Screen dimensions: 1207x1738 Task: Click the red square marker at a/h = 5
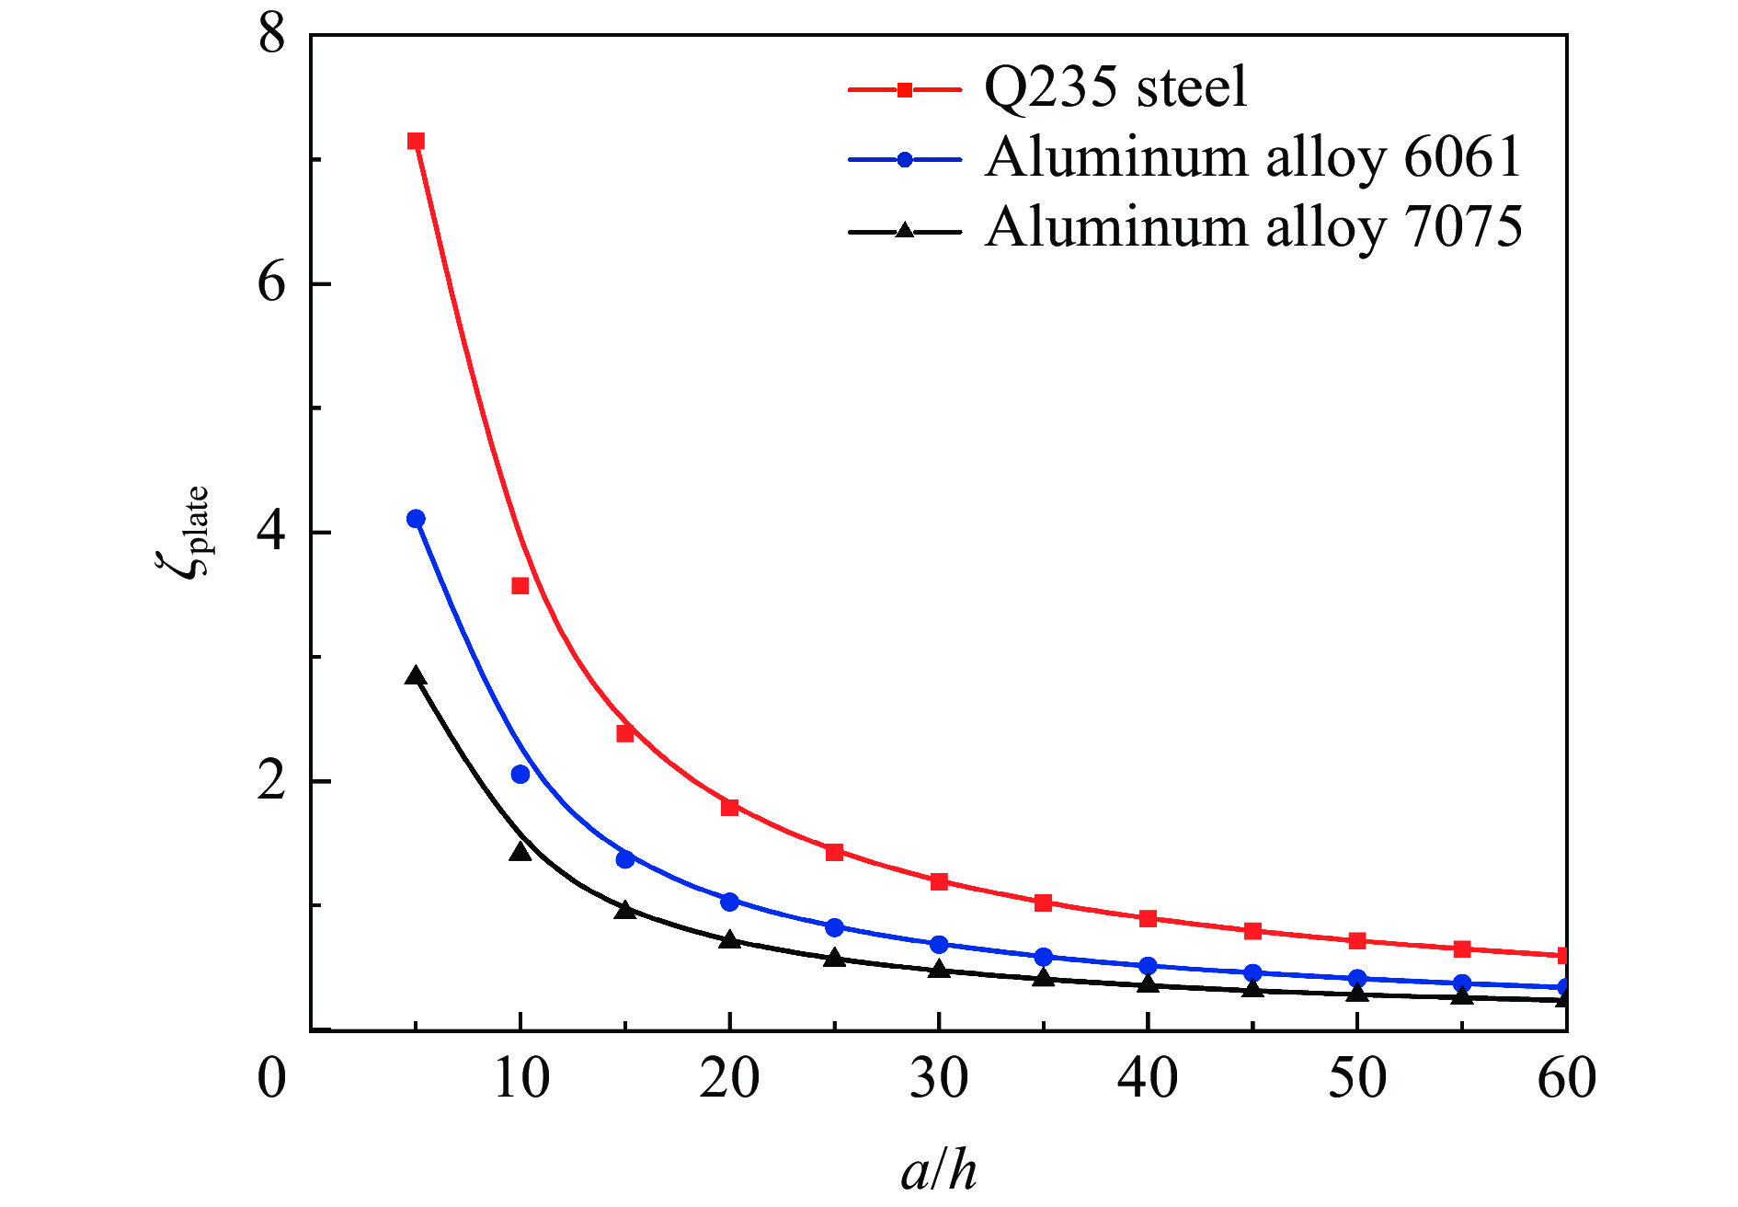point(416,141)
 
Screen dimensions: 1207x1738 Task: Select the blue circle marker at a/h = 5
point(416,519)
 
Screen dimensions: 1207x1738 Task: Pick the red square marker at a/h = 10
point(520,586)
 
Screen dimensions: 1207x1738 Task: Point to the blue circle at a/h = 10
point(520,775)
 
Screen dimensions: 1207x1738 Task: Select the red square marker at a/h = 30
point(939,882)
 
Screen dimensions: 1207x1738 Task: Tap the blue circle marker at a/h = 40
point(1148,966)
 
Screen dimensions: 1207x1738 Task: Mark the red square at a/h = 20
point(730,808)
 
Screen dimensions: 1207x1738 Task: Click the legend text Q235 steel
point(1115,88)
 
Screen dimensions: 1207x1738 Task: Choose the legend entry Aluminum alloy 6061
point(1253,157)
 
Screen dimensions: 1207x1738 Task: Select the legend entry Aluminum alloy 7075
point(1253,227)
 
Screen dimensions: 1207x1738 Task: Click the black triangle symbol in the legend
point(905,230)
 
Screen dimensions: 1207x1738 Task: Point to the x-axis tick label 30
point(939,1078)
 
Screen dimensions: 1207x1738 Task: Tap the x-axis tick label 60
point(1566,1078)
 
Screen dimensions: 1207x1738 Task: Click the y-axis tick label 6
point(272,282)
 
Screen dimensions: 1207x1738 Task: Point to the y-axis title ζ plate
point(183,532)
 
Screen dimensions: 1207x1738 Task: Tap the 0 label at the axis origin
point(272,1078)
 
